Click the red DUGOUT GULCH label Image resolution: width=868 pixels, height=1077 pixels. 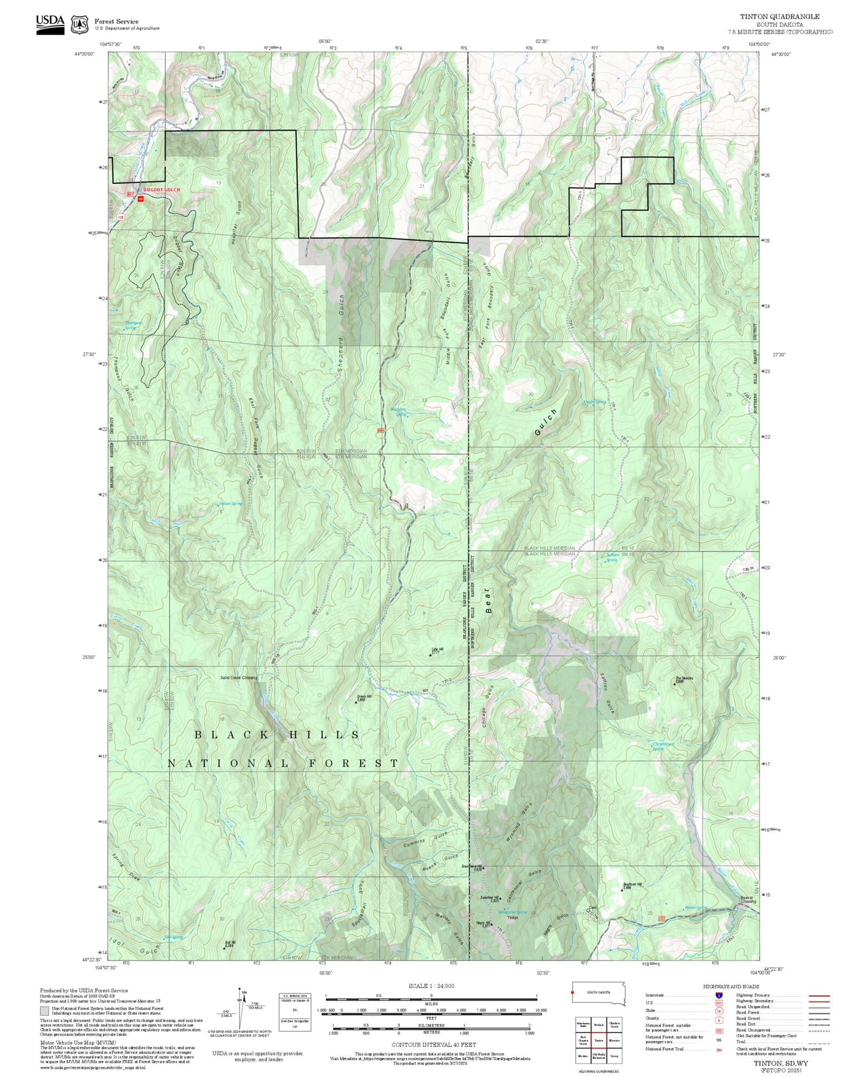(x=161, y=190)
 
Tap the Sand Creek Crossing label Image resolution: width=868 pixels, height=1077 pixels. (x=238, y=678)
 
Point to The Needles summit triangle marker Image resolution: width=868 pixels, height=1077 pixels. (x=675, y=684)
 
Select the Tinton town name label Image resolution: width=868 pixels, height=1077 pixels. (x=513, y=918)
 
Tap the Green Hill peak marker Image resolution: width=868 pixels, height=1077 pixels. (x=356, y=702)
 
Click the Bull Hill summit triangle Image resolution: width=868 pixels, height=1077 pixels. (x=225, y=948)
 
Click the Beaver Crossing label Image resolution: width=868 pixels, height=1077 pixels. (x=748, y=899)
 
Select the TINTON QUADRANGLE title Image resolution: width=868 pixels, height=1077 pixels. (x=779, y=16)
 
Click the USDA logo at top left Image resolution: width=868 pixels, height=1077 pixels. (x=50, y=24)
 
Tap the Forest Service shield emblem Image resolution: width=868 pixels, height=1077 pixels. (x=79, y=24)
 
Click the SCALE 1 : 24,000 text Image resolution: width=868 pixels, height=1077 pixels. (x=431, y=986)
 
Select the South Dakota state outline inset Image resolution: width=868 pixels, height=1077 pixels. (x=599, y=993)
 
